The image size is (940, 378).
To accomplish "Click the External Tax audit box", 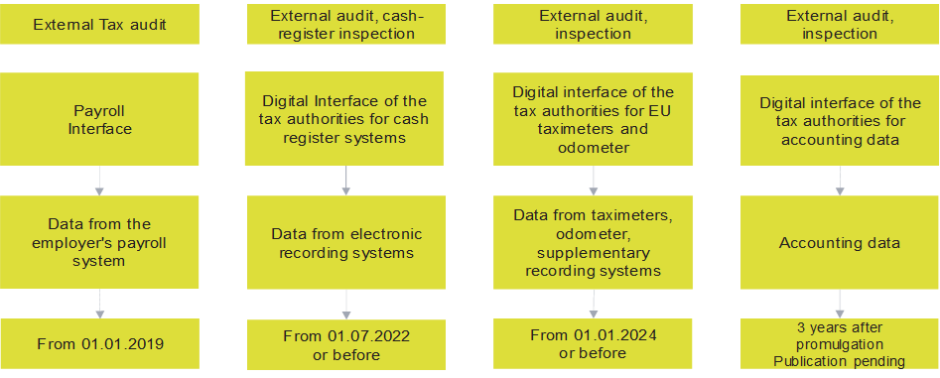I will pos(99,25).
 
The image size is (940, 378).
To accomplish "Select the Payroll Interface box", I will pos(99,119).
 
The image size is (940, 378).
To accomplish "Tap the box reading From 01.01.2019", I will pos(99,344).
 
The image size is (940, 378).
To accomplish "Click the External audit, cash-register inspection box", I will pos(345,23).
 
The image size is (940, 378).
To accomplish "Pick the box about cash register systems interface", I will pos(345,119).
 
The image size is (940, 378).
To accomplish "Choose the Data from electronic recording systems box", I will pos(345,243).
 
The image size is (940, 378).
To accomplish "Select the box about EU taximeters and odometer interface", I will pos(593,119).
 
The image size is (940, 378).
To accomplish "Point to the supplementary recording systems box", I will pos(593,243).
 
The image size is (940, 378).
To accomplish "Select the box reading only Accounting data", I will pos(840,243).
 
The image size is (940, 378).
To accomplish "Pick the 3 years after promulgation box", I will pos(840,344).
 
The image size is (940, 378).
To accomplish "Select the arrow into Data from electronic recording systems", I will pos(345,180).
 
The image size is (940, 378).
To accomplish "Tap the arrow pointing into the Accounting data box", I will pos(840,180).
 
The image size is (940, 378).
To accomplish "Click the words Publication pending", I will pos(840,362).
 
